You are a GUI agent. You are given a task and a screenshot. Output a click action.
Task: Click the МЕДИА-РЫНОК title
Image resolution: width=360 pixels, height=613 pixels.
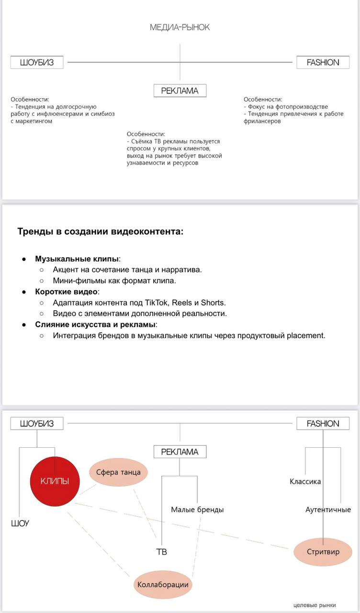180,27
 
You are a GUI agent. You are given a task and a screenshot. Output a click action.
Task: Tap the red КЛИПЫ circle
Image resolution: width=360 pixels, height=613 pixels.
54,481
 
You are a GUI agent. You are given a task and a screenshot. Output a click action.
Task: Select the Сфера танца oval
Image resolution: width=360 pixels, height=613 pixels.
118,472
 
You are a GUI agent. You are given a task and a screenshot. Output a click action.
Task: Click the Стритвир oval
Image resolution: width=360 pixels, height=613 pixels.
323,551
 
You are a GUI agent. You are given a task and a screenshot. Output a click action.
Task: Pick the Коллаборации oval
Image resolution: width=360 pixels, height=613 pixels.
163,584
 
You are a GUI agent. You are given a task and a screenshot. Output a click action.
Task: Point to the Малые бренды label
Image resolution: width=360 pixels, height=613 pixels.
197,510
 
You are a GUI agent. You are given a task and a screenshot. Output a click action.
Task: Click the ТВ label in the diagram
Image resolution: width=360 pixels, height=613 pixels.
161,552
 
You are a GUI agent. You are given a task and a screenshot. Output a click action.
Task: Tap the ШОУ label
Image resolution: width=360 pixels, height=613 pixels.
20,523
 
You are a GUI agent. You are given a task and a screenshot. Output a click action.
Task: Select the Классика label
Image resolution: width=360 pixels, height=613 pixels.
305,481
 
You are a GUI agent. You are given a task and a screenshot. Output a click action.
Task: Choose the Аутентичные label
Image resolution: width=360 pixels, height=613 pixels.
328,510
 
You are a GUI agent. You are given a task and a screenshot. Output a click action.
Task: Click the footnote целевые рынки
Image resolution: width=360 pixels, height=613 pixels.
315,605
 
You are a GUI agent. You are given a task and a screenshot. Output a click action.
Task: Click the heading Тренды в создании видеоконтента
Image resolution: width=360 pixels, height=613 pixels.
100,232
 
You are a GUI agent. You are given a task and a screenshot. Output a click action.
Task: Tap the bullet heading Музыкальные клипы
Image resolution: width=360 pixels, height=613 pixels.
77,259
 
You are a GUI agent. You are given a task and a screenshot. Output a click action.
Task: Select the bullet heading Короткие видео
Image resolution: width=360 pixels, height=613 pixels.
66,292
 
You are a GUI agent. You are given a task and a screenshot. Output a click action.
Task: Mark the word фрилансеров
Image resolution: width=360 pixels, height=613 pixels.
262,121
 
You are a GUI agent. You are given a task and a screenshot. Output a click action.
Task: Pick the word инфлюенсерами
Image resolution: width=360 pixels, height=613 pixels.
60,114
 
